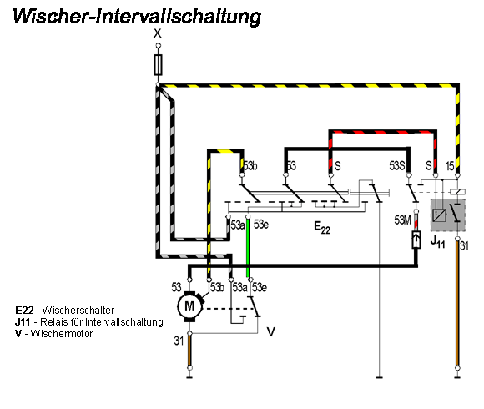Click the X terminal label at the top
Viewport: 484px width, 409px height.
point(159,34)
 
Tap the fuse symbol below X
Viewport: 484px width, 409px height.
point(159,64)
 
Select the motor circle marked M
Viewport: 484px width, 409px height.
point(189,306)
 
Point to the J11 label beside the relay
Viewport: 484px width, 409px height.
point(436,241)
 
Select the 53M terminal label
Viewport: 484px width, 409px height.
point(403,220)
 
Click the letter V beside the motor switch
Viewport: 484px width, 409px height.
point(270,331)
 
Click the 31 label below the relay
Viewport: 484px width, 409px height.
point(464,245)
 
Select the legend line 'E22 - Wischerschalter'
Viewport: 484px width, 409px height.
point(64,310)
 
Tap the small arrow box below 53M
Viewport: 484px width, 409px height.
point(416,242)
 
